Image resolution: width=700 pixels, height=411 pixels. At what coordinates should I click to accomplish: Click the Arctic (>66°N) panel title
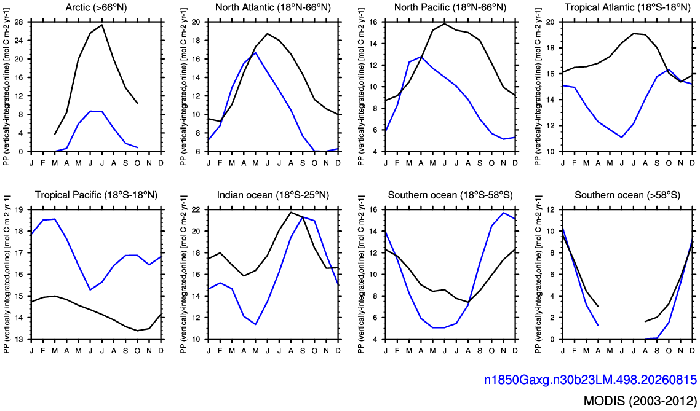coord(95,8)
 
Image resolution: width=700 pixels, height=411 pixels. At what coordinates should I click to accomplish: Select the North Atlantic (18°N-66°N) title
coord(272,8)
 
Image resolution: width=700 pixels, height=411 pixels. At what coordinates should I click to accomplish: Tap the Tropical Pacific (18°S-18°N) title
coord(95,195)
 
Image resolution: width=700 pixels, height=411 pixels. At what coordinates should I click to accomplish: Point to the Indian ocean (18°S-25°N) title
coord(272,195)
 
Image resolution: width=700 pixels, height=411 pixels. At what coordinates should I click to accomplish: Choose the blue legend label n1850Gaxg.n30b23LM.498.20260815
coord(591,380)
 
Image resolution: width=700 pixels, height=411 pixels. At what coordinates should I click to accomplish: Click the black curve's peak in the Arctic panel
coord(102,25)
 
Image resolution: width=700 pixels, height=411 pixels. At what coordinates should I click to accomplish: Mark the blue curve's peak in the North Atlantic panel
coord(255,53)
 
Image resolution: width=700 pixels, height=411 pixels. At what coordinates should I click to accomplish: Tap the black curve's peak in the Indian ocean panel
coord(291,212)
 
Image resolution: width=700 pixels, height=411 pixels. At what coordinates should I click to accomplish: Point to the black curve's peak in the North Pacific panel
coord(445,23)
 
